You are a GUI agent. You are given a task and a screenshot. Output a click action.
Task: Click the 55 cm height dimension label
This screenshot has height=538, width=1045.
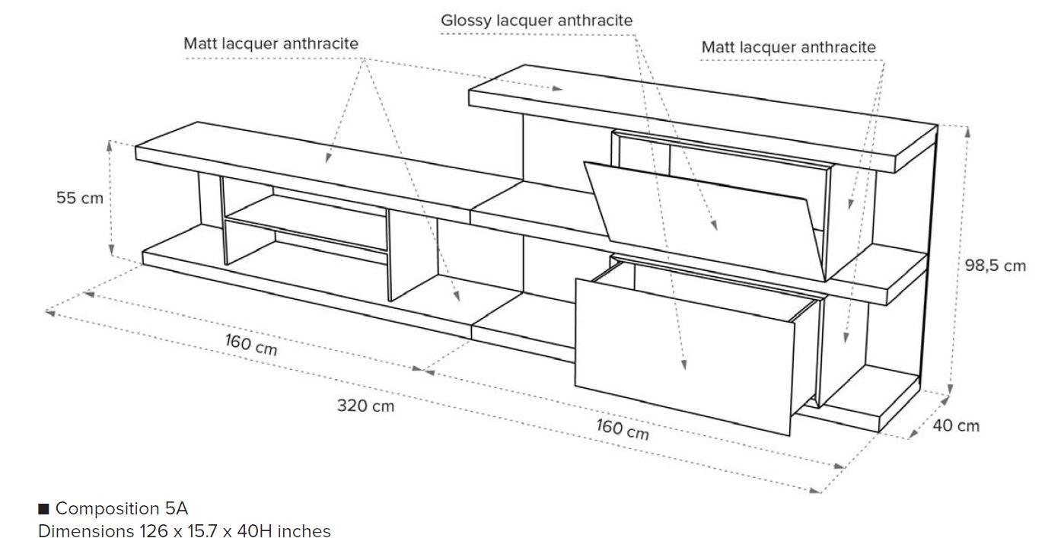pos(78,198)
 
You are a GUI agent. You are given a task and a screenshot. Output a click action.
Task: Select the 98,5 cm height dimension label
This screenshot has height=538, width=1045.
pos(996,266)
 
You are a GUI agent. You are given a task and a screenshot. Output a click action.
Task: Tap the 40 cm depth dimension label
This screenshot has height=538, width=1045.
pos(956,425)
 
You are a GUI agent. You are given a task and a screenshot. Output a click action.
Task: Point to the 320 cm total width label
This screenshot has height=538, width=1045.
pos(365,406)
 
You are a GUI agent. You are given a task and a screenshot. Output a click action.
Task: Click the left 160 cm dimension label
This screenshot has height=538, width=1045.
pos(251,344)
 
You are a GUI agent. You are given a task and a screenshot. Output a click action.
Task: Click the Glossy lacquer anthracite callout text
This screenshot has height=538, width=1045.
pos(537,21)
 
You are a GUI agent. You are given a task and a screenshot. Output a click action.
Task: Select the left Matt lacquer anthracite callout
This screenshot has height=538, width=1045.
pos(271,43)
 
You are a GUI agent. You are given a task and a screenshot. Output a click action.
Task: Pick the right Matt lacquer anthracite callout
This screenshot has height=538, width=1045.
pos(789,47)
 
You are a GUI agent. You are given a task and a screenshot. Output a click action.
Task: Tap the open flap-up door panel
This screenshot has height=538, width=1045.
pos(704,213)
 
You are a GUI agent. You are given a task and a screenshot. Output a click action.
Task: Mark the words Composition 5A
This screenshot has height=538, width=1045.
pos(122,508)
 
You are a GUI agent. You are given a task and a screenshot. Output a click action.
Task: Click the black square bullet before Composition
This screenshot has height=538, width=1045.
pos(43,508)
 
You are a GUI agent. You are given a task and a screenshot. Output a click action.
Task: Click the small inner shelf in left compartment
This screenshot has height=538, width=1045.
pos(304,223)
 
